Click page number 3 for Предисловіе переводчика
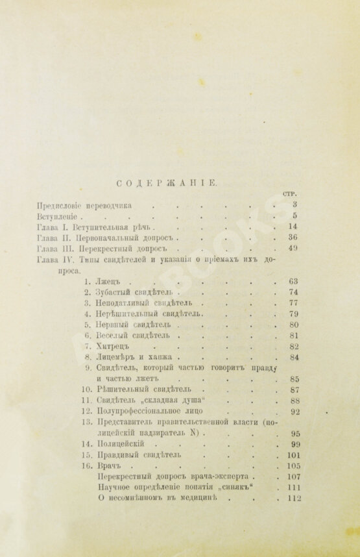point(294,205)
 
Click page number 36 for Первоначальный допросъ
point(293,238)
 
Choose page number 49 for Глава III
point(293,249)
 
